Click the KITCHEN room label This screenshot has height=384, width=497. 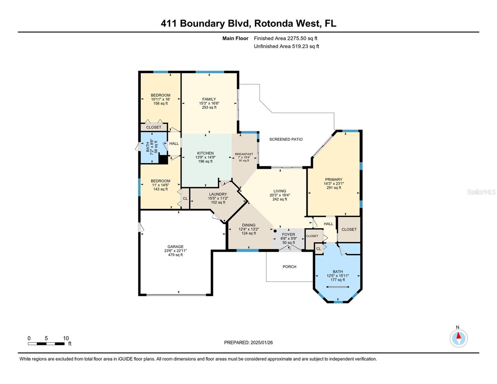(x=205, y=153)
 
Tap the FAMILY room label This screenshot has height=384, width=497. (x=209, y=99)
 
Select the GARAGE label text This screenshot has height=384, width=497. (x=175, y=247)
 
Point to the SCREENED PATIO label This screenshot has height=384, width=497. (x=286, y=139)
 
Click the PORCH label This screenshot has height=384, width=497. (x=289, y=267)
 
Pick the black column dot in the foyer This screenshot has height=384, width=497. (x=275, y=231)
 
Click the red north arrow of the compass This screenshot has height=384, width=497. (x=459, y=335)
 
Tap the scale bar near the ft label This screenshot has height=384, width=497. (x=46, y=344)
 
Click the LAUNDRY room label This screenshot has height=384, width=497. (x=218, y=194)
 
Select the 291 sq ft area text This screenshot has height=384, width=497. (x=334, y=188)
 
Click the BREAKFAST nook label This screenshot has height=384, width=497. (x=244, y=154)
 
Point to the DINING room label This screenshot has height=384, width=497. (x=249, y=225)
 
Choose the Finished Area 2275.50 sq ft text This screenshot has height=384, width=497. (x=285, y=38)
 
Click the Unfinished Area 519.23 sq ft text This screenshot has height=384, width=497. (x=286, y=46)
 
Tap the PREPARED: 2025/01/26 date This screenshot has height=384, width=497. (x=248, y=342)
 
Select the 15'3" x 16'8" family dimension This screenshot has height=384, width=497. (x=209, y=103)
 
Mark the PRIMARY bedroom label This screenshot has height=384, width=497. (x=334, y=180)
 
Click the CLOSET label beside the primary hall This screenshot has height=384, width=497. (x=349, y=229)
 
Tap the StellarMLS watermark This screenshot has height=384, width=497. (x=481, y=192)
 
